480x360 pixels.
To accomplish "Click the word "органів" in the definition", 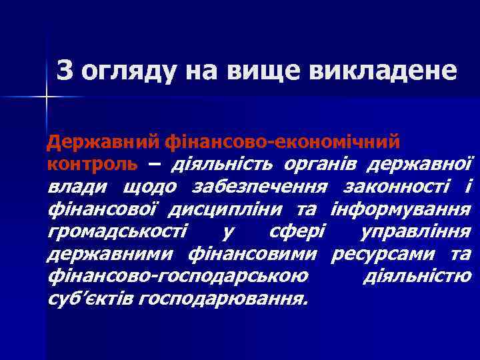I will pyautogui.click(x=312, y=163).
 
